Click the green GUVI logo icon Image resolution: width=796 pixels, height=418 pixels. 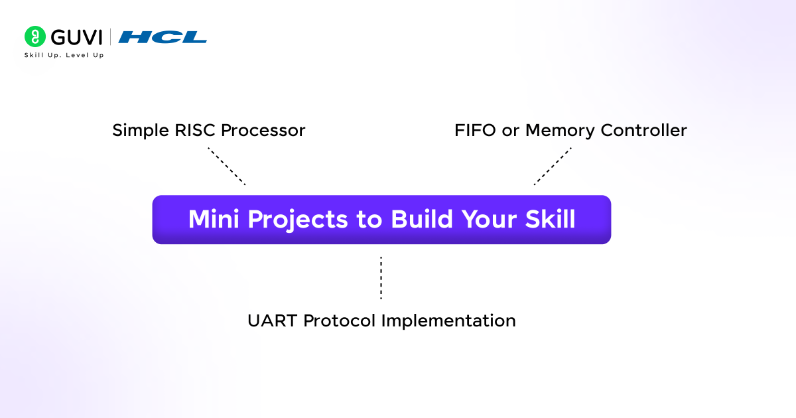pyautogui.click(x=34, y=36)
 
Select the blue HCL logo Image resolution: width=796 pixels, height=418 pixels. pyautogui.click(x=163, y=37)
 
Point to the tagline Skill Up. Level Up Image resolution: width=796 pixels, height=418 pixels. pyautogui.click(x=64, y=55)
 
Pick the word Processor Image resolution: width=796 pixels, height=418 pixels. pyautogui.click(x=263, y=131)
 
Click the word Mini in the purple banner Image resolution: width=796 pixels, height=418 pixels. pyautogui.click(x=215, y=220)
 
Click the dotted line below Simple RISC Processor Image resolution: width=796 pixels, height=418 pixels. pyautogui.click(x=227, y=167)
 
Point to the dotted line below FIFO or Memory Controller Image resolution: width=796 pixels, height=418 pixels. pyautogui.click(x=553, y=166)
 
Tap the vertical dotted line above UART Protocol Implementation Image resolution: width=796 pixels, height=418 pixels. pyautogui.click(x=381, y=278)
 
